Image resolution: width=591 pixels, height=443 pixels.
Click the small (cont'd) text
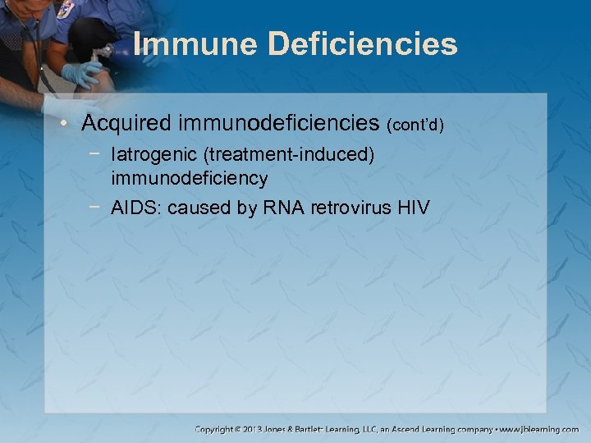pyautogui.click(x=415, y=126)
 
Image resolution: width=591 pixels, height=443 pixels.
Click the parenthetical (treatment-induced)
pyautogui.click(x=286, y=155)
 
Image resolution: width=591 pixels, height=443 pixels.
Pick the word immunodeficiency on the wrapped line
pyautogui.click(x=190, y=177)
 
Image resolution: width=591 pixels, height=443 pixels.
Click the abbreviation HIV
pyautogui.click(x=411, y=208)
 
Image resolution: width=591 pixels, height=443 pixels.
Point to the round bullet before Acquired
pyautogui.click(x=71, y=125)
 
